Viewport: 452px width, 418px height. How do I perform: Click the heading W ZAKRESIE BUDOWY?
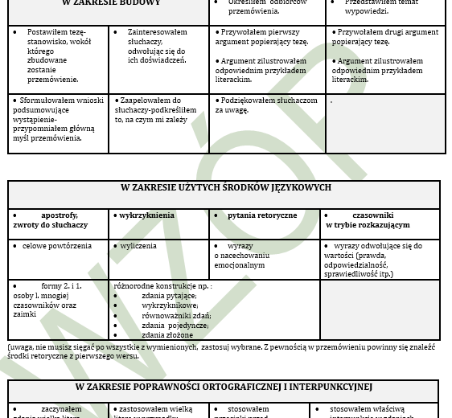pyautogui.click(x=111, y=3)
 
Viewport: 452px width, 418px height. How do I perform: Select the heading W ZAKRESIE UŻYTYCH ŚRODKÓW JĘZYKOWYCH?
pyautogui.click(x=225, y=188)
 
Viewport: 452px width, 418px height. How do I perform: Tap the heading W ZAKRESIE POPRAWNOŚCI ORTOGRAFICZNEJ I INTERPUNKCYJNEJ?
pyautogui.click(x=224, y=387)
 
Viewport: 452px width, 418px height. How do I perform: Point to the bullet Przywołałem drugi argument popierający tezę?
pyautogui.click(x=384, y=38)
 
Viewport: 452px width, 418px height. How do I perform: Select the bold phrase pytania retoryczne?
pyautogui.click(x=261, y=215)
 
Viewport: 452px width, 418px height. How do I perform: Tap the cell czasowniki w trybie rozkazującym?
pyautogui.click(x=380, y=220)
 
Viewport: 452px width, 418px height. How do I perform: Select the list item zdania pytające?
pyautogui.click(x=169, y=296)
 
